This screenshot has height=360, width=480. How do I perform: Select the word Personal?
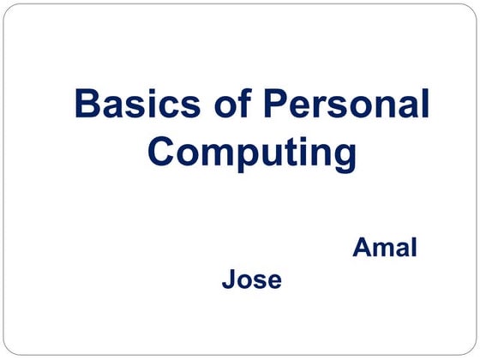click(345, 105)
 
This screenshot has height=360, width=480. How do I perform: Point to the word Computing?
click(251, 153)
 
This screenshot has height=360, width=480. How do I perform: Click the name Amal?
click(385, 249)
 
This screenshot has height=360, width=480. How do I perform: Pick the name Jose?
click(251, 279)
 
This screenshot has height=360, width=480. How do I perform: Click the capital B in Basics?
click(87, 105)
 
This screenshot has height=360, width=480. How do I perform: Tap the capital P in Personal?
click(276, 105)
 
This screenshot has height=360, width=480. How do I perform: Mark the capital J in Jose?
click(228, 279)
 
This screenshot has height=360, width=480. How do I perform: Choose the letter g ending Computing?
click(343, 157)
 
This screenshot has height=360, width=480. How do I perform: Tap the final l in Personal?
click(424, 104)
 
